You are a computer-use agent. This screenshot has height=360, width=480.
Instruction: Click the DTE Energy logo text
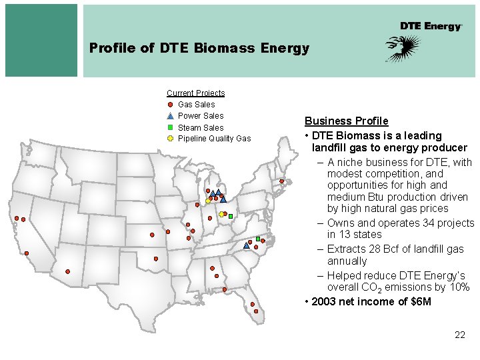(x=431, y=26)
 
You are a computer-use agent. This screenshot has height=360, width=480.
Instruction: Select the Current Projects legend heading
(x=195, y=93)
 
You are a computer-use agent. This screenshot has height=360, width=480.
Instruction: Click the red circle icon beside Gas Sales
(x=171, y=105)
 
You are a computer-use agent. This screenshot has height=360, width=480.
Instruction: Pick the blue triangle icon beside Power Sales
(x=171, y=116)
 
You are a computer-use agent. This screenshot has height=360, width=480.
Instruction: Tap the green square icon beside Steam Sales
(x=171, y=127)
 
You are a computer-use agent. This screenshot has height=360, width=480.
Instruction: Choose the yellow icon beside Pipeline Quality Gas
(x=171, y=139)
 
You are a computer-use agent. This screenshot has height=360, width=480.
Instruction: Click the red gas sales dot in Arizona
(x=68, y=271)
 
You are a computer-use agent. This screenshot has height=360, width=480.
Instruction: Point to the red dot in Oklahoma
(x=156, y=259)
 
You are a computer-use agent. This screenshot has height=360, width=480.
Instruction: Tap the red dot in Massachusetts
(x=282, y=181)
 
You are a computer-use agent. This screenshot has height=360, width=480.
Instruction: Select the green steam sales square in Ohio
(x=230, y=217)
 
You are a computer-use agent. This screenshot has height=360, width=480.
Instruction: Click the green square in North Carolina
(x=258, y=239)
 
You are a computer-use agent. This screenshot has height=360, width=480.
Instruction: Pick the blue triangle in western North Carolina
(x=247, y=245)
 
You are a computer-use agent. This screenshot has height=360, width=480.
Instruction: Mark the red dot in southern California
(x=27, y=253)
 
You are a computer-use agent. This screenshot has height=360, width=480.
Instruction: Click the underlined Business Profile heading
(x=346, y=121)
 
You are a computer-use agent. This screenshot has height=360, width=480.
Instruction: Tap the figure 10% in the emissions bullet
(x=459, y=287)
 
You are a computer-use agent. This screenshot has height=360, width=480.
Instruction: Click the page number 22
(x=459, y=335)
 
